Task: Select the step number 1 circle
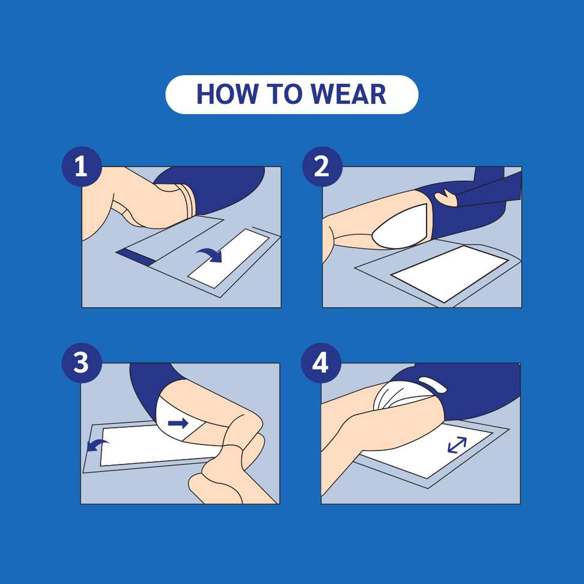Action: coord(81,166)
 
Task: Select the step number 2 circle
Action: coord(321,166)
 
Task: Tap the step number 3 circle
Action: coord(81,363)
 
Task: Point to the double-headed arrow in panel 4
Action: coord(457,445)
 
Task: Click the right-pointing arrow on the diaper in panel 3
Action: coord(178,424)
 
